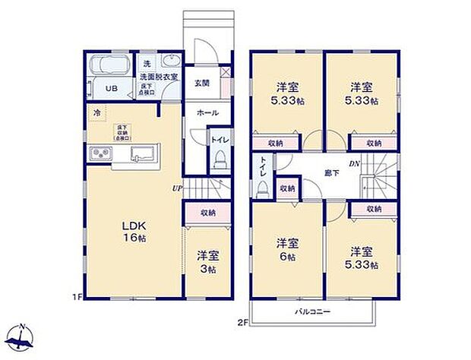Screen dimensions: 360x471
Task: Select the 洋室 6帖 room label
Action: tap(287, 249)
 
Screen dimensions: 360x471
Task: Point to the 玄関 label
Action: tap(202, 84)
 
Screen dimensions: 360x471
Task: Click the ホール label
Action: tap(207, 113)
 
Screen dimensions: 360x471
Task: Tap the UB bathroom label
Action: tap(111, 89)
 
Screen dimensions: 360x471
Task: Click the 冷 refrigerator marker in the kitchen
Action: tap(97, 113)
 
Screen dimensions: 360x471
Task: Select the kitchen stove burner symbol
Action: tap(102, 155)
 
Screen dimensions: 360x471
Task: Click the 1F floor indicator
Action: tap(77, 295)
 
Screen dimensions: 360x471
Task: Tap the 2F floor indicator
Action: tap(241, 323)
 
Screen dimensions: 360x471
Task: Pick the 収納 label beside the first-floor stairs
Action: tap(207, 213)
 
